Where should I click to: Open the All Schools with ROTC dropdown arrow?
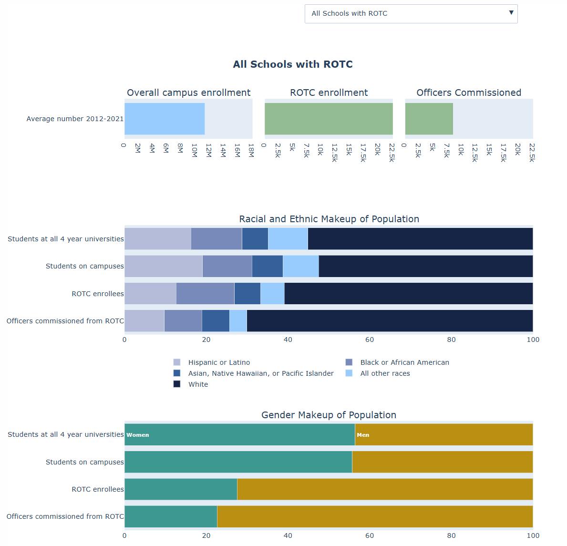pyautogui.click(x=511, y=13)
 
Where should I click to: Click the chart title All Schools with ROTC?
pyautogui.click(x=292, y=64)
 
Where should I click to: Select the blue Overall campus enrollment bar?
pyautogui.click(x=165, y=119)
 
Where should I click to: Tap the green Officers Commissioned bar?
pyautogui.click(x=429, y=119)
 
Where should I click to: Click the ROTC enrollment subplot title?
pyautogui.click(x=329, y=93)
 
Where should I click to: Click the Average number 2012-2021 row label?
pyautogui.click(x=75, y=119)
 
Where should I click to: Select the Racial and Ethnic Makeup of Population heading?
pyautogui.click(x=329, y=219)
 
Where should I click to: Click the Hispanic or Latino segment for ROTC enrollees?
pyautogui.click(x=150, y=294)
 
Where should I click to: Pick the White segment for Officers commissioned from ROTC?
pyautogui.click(x=390, y=321)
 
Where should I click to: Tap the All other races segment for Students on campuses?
pyautogui.click(x=300, y=266)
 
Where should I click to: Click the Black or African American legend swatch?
pyautogui.click(x=349, y=362)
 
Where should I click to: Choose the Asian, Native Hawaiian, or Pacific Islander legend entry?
pyautogui.click(x=260, y=373)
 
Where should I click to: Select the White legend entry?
pyautogui.click(x=198, y=384)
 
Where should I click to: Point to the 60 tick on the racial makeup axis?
pyautogui.click(x=370, y=340)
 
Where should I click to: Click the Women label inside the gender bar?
pyautogui.click(x=138, y=435)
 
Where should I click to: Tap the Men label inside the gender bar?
pyautogui.click(x=363, y=435)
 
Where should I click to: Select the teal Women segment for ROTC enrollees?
pyautogui.click(x=181, y=489)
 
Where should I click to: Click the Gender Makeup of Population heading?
pyautogui.click(x=329, y=415)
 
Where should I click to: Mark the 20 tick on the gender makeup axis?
pyautogui.click(x=206, y=536)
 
